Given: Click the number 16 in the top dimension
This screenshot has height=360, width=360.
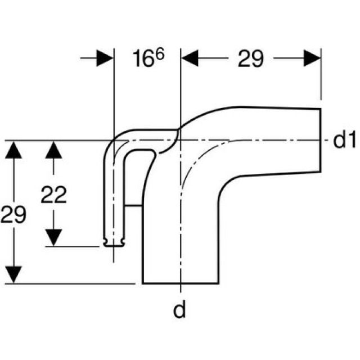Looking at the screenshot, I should pos(144,59).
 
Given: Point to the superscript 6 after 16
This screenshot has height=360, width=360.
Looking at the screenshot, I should pos(159,52).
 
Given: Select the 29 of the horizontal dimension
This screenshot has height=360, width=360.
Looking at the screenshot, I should pos(250,59).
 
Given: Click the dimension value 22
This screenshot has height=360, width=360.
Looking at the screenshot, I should pos(53,195).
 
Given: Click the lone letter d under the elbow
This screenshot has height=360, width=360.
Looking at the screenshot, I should pos(179,310).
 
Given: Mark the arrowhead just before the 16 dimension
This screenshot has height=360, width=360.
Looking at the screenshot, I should pos(105,58).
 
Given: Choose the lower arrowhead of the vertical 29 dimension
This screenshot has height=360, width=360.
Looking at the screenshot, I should pos(16,275).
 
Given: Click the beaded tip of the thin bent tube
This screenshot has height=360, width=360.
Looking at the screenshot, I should pos(114,242).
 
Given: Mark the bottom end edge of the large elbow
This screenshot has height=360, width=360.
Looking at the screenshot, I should pos(180,283).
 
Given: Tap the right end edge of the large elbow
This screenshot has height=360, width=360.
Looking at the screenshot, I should pos(321,139).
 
